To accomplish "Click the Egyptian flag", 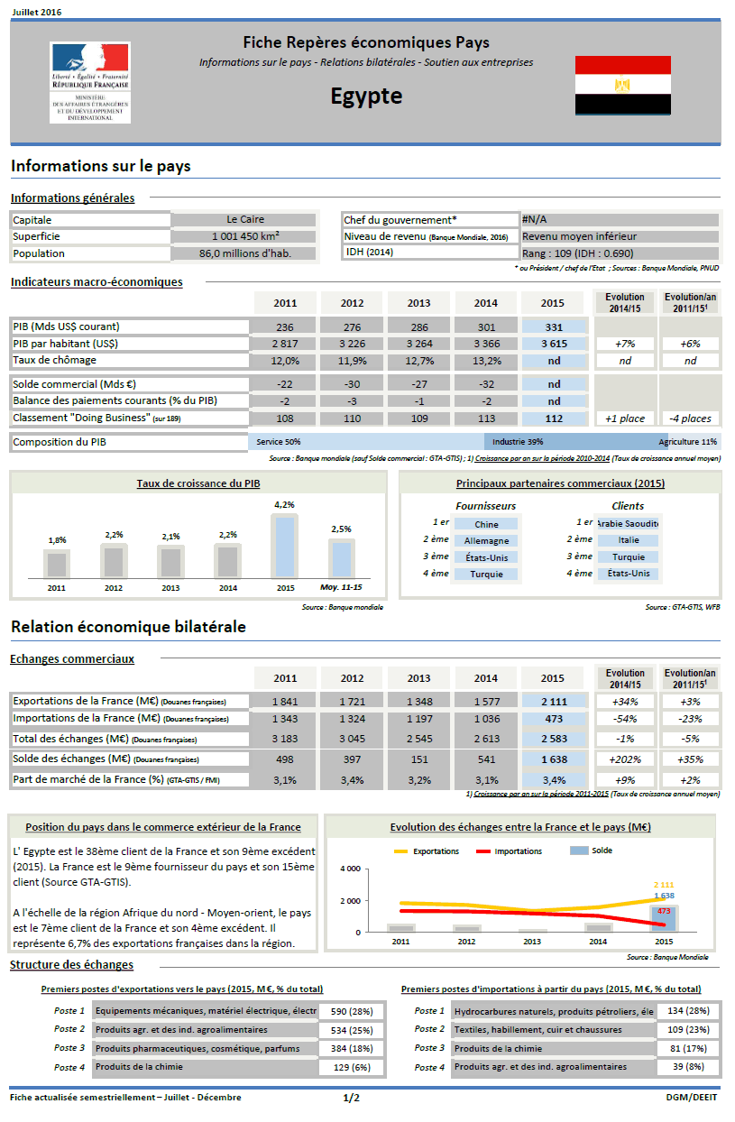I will [x=622, y=85].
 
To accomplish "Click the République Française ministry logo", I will [x=90, y=82].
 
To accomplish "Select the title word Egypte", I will [x=366, y=97].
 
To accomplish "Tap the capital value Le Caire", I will [x=245, y=219].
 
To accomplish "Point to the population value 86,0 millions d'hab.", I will [x=245, y=253].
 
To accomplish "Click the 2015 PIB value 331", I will [x=554, y=326].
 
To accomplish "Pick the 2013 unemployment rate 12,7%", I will [x=419, y=361].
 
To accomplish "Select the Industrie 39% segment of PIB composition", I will [x=518, y=442].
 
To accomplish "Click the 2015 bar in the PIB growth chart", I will [x=285, y=546].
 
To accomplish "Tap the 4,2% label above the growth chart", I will [x=285, y=505].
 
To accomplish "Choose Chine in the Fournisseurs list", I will [x=486, y=524].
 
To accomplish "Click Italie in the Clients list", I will [x=629, y=540].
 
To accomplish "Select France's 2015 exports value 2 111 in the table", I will [x=554, y=702].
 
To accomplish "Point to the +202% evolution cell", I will [x=625, y=759].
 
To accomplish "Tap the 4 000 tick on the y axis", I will [x=349, y=869].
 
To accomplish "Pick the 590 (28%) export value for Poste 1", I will [x=351, y=1012].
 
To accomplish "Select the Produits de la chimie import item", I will [x=552, y=1048].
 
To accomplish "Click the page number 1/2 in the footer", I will [x=351, y=1098].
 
